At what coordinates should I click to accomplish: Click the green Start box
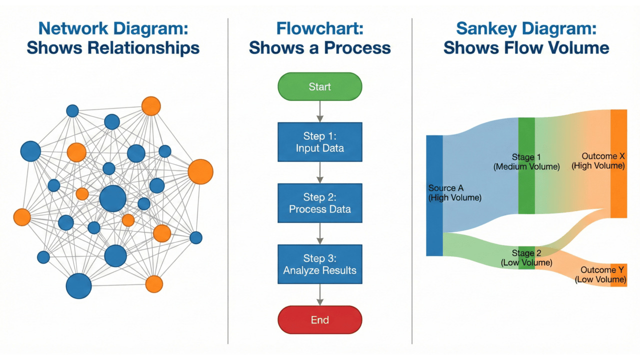(319, 86)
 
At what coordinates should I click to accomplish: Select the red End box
(319, 320)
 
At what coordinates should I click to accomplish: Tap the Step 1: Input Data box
(319, 142)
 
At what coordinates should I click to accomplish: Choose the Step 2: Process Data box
(319, 203)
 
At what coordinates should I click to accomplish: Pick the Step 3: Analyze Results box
(319, 264)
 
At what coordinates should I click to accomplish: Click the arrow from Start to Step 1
(319, 111)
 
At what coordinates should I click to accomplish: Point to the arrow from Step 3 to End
(319, 295)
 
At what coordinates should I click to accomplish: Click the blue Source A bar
(434, 220)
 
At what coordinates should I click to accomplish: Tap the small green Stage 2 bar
(526, 265)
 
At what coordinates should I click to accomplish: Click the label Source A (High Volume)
(454, 193)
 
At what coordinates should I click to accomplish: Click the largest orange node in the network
(200, 172)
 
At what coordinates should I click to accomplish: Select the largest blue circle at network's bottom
(79, 286)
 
